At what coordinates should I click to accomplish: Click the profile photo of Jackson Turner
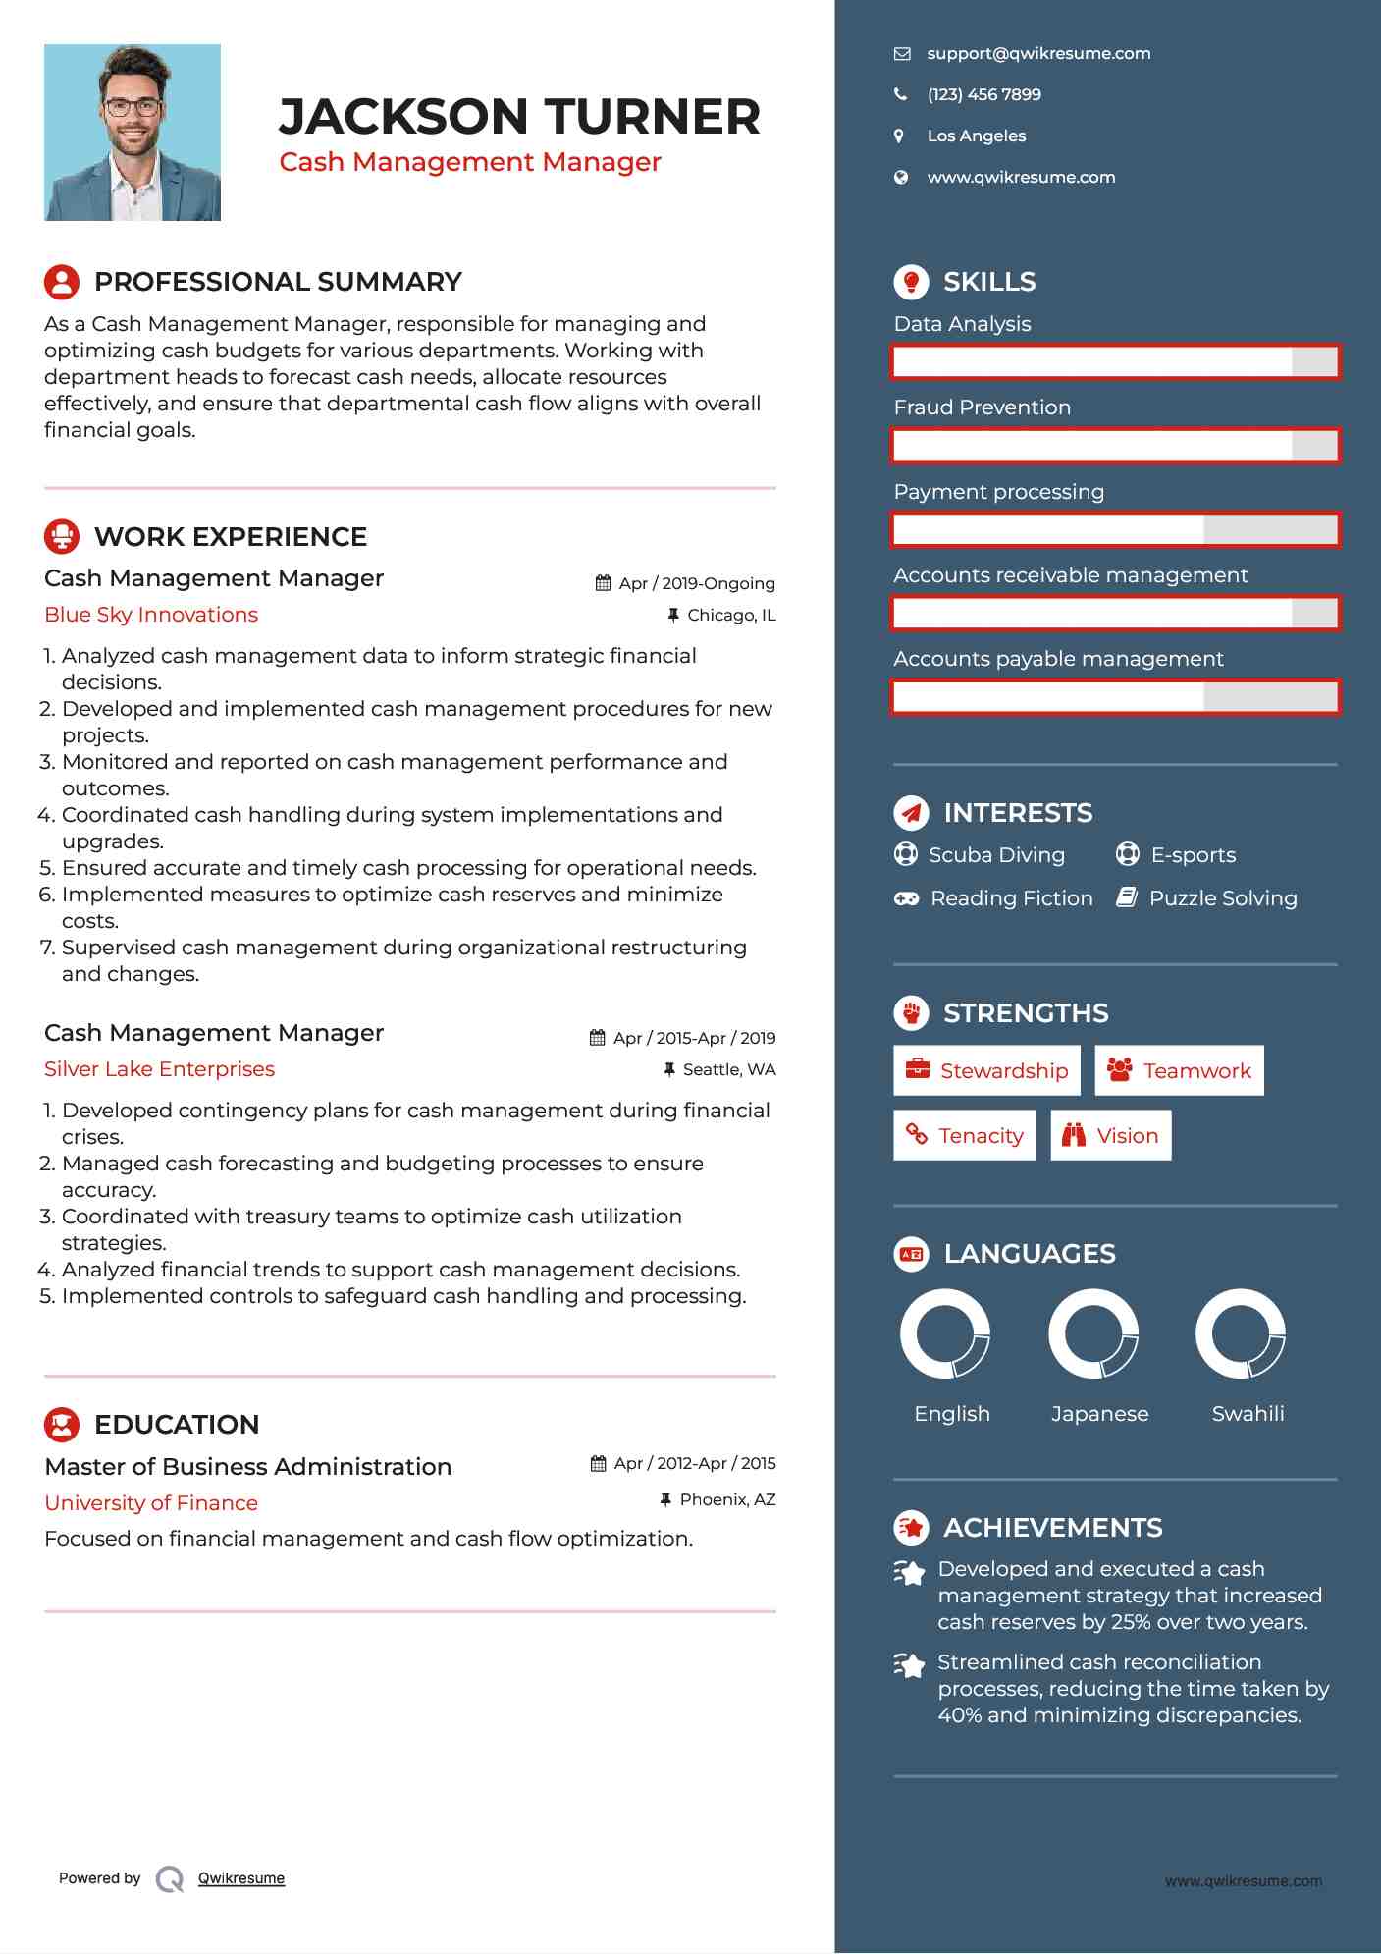(x=133, y=133)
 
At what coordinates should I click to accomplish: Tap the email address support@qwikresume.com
(x=1037, y=54)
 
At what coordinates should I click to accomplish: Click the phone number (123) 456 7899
(x=983, y=95)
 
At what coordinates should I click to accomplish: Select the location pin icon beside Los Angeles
(x=899, y=136)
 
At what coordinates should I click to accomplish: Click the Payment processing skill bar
(x=1115, y=530)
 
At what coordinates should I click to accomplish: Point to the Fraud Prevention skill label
(x=982, y=407)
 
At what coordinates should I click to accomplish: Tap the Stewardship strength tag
(x=986, y=1070)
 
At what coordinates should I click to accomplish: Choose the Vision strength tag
(x=1111, y=1135)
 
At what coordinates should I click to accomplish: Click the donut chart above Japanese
(x=1093, y=1333)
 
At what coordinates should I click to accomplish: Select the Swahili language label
(x=1248, y=1414)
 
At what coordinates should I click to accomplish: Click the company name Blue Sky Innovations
(x=151, y=615)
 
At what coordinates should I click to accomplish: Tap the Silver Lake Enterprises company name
(x=159, y=1069)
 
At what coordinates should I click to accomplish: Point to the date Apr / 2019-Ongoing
(x=696, y=583)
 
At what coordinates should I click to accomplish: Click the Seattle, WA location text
(x=728, y=1069)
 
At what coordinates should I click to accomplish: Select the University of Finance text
(x=151, y=1503)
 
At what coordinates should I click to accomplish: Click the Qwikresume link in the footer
(x=241, y=1878)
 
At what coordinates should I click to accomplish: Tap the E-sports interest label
(x=1193, y=855)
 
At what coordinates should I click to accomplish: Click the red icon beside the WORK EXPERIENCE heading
(x=62, y=537)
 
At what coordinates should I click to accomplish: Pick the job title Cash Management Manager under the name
(x=470, y=162)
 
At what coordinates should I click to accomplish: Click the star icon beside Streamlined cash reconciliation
(x=910, y=1664)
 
